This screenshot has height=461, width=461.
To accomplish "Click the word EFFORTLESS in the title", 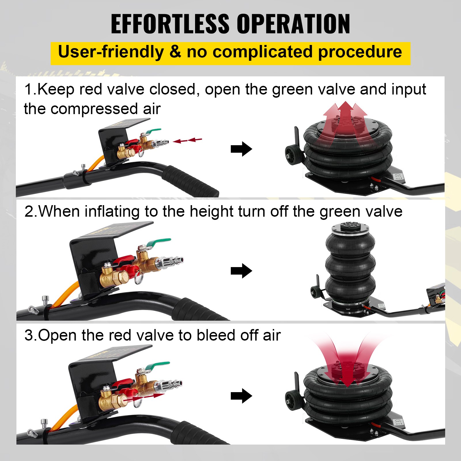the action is tap(170, 24).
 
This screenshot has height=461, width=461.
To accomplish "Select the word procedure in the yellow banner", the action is tap(360, 52).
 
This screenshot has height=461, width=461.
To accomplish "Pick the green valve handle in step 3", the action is tap(158, 366).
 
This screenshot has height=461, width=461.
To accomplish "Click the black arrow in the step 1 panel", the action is tap(241, 149).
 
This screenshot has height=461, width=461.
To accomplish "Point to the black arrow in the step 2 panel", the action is tap(241, 271).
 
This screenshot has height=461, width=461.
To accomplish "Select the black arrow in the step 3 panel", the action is tap(241, 396).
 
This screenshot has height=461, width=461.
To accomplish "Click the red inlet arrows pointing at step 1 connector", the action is tap(188, 140).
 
